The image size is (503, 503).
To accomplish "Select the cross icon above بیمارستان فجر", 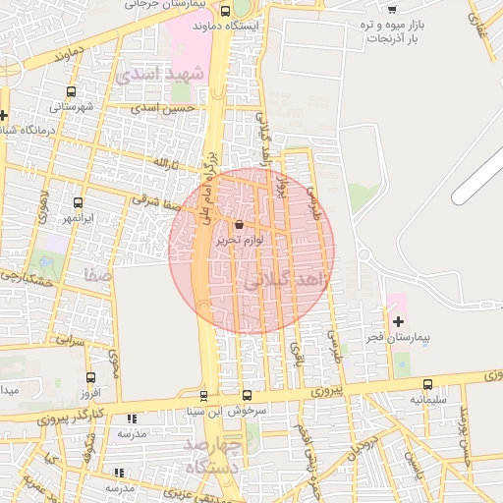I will click(x=398, y=321).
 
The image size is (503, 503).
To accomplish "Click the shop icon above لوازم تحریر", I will click(x=240, y=224).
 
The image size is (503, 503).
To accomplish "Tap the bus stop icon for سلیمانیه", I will click(x=427, y=384).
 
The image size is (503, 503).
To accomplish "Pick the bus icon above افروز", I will click(x=91, y=377).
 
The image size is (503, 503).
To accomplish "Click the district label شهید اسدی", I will click(x=160, y=74).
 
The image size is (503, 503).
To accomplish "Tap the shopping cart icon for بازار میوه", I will click(x=392, y=9).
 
